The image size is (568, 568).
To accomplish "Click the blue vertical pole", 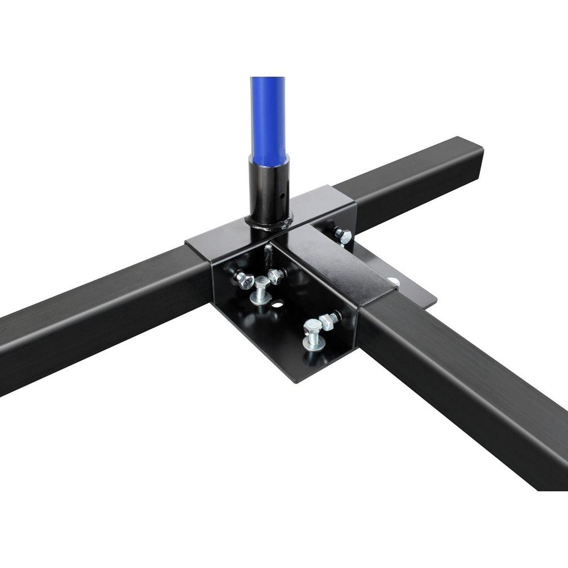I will click(267, 114).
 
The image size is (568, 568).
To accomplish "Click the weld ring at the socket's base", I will click(267, 224).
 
